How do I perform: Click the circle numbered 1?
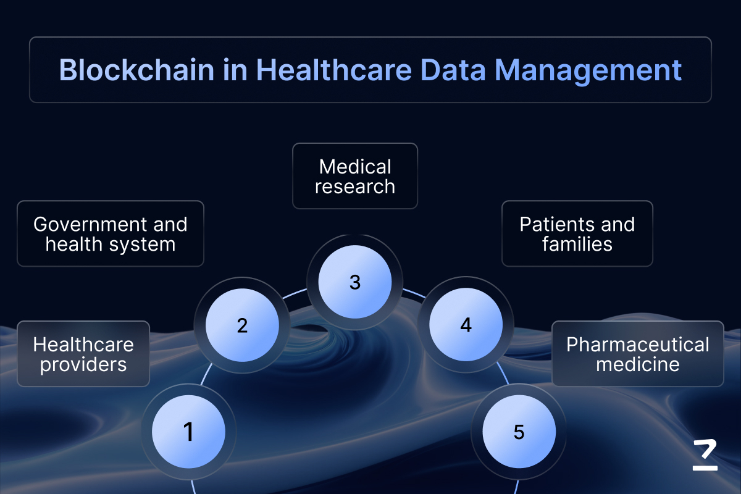point(188,432)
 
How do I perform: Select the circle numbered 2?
point(242,325)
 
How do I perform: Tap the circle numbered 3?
point(355,282)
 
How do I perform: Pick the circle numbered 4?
point(466,325)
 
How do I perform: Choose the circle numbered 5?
point(519,432)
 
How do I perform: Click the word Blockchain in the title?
point(136,70)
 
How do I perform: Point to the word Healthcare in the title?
point(334,70)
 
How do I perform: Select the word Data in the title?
point(453,70)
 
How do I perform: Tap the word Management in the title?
point(588,70)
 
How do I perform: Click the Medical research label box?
point(355,176)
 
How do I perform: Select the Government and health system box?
point(111,233)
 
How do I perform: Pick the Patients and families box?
point(577,233)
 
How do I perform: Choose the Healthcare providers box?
point(83,354)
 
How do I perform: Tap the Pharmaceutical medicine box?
point(638,354)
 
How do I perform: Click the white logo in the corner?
point(705,455)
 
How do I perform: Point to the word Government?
point(89,224)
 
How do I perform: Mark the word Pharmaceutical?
point(638,345)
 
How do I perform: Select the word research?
point(355,187)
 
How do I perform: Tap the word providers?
point(83,365)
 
